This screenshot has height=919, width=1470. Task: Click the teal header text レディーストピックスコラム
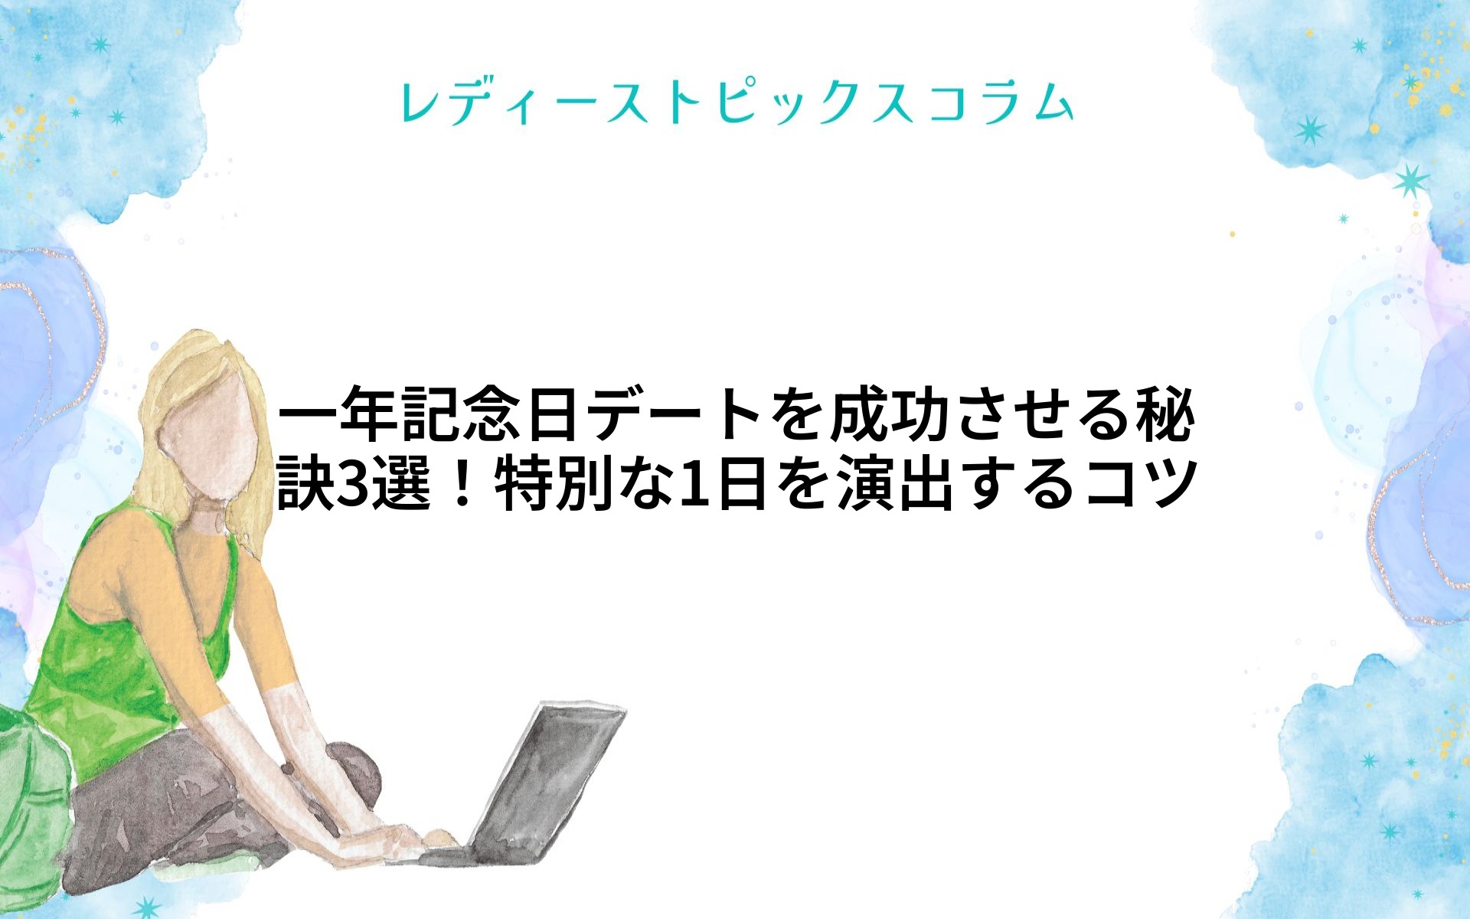tap(737, 103)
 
